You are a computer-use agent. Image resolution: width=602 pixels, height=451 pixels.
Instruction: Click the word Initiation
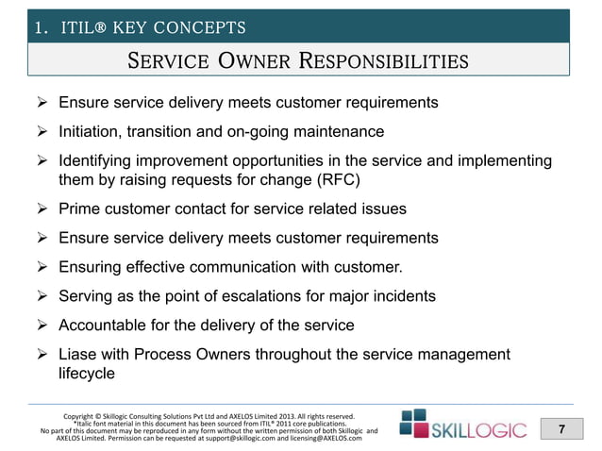pos(92,131)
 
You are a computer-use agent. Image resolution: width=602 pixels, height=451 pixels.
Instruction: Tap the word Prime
pos(81,209)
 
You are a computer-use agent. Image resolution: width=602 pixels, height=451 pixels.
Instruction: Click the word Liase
pos(80,354)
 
